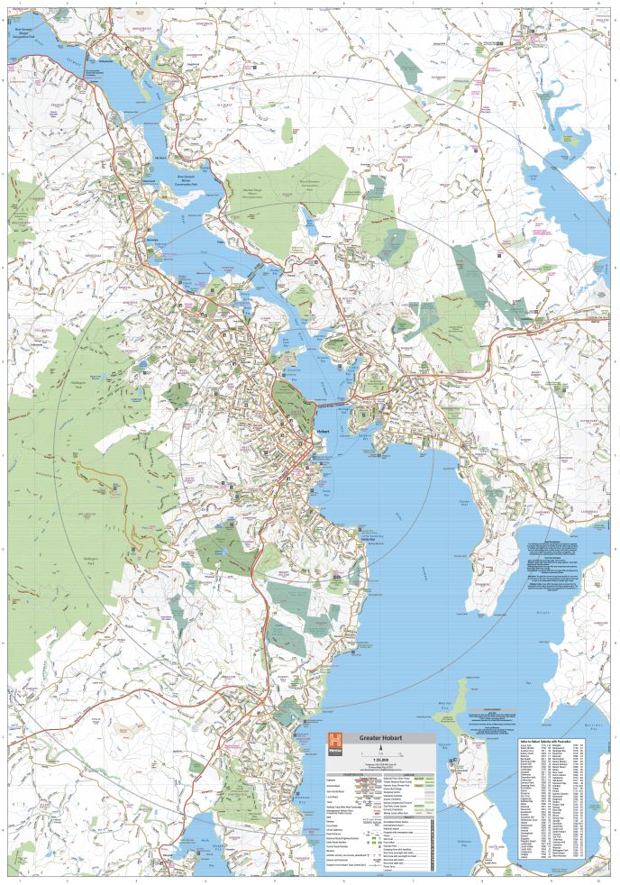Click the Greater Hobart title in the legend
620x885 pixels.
coord(381,738)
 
